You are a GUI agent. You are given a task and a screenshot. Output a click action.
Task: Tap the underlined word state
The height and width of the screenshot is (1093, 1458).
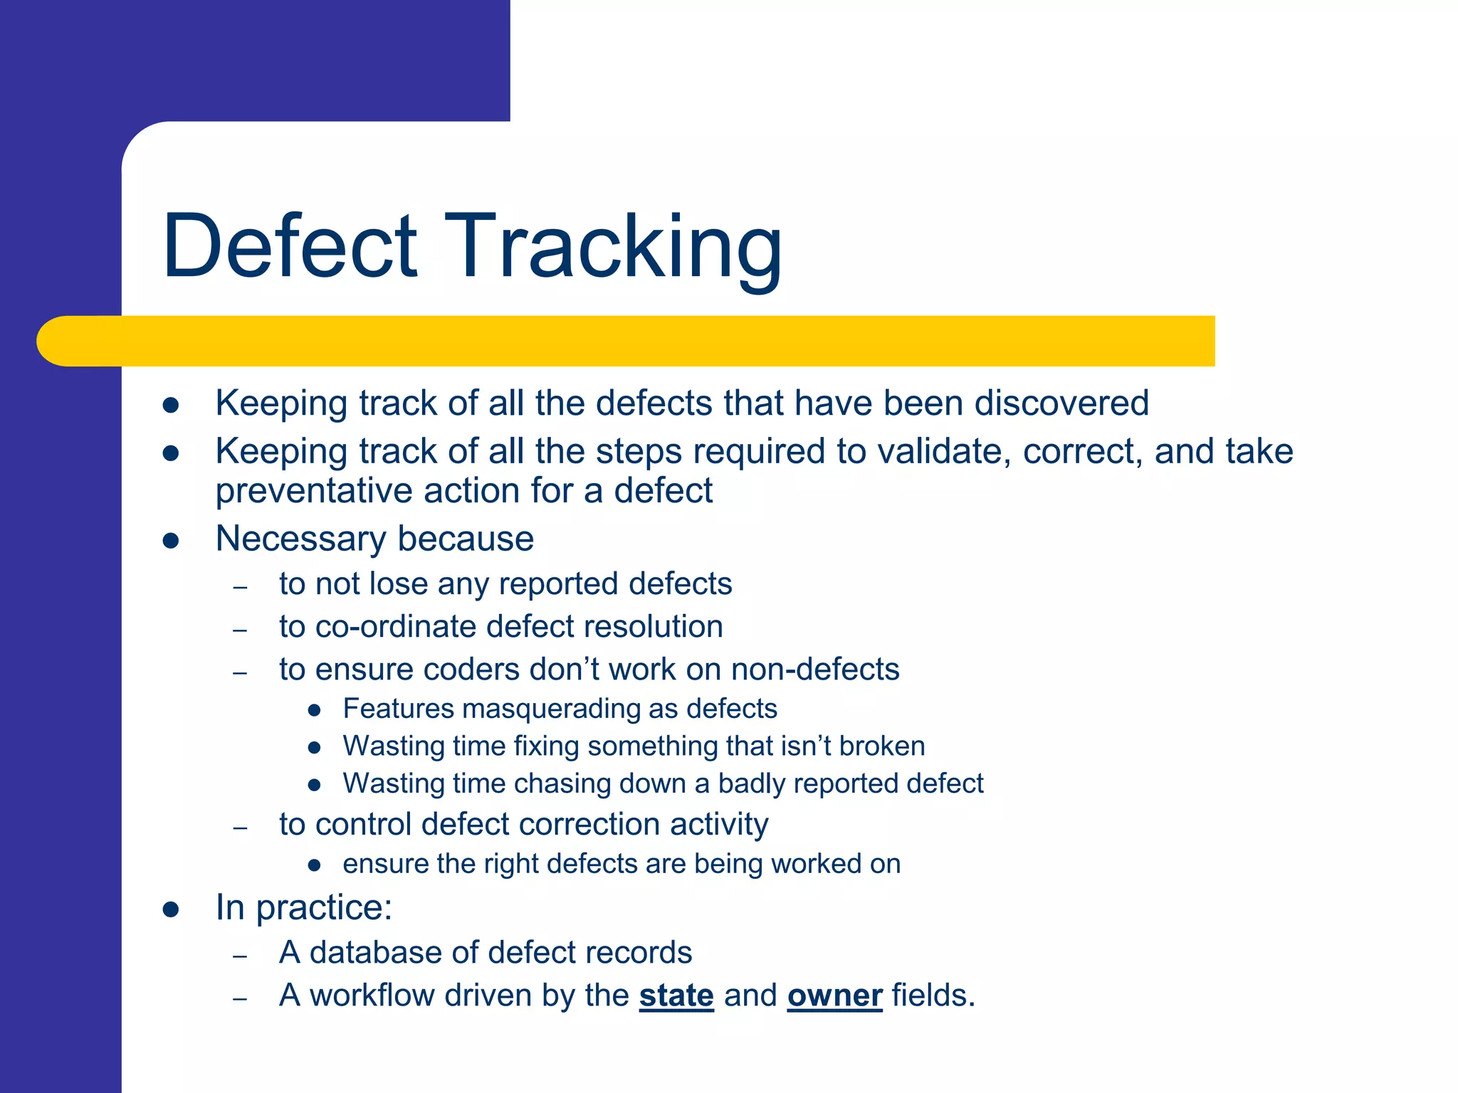pyautogui.click(x=676, y=996)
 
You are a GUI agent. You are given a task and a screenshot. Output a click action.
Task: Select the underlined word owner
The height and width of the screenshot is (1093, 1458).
pyautogui.click(x=834, y=996)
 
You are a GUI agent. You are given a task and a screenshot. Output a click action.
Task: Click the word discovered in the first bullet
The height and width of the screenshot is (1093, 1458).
pyautogui.click(x=1061, y=403)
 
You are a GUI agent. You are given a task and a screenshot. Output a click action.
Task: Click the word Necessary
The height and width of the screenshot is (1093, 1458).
pyautogui.click(x=300, y=539)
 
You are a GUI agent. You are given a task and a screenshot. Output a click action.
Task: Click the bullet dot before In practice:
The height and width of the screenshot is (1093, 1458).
pyautogui.click(x=170, y=909)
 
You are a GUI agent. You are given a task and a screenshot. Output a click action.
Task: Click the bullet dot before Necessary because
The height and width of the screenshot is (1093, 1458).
pyautogui.click(x=170, y=541)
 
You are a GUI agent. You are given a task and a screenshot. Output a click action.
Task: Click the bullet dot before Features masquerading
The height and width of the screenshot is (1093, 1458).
pyautogui.click(x=315, y=710)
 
